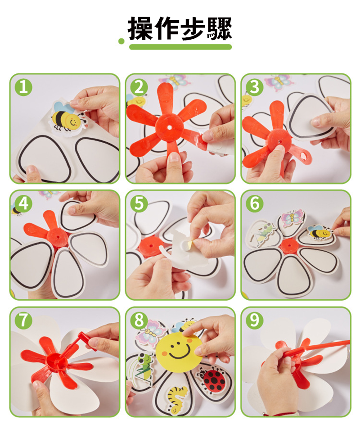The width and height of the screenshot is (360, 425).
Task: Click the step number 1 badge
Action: (x=23, y=87)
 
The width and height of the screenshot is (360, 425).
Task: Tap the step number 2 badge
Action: (x=139, y=87)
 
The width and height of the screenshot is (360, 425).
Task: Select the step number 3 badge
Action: (x=255, y=87)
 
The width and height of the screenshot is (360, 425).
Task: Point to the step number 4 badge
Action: (x=23, y=203)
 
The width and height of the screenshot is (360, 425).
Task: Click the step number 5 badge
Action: (x=139, y=203)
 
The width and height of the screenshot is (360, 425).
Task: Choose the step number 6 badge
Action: (x=255, y=203)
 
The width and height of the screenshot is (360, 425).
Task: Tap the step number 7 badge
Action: (x=23, y=321)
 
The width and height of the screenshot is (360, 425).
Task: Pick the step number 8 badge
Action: (x=139, y=321)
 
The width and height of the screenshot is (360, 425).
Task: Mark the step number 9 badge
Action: (x=255, y=321)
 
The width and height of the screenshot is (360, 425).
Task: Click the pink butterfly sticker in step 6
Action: (x=292, y=217)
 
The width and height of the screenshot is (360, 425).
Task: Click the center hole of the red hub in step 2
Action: (x=169, y=127)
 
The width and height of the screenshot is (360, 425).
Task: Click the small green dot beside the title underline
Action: (x=121, y=41)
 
